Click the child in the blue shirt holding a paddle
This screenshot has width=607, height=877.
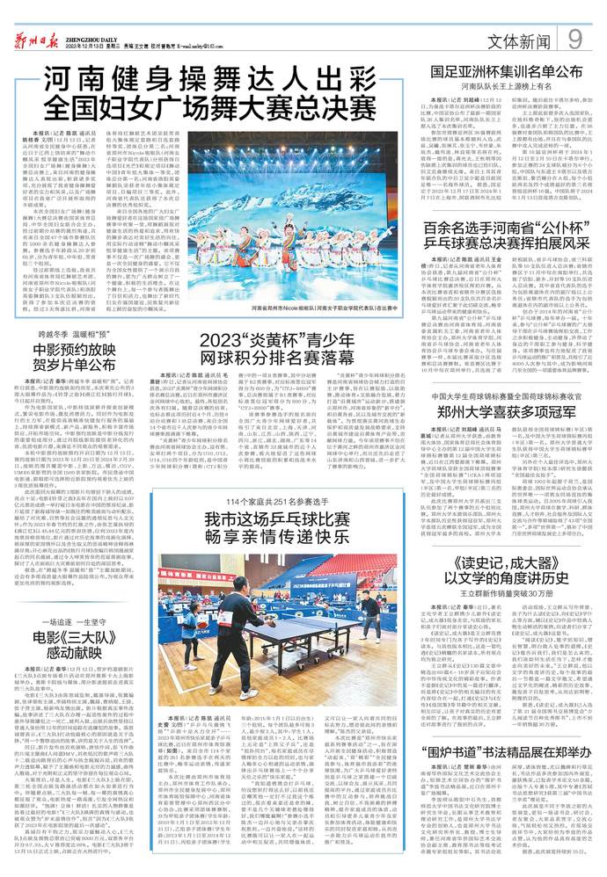click(x=188, y=623)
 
